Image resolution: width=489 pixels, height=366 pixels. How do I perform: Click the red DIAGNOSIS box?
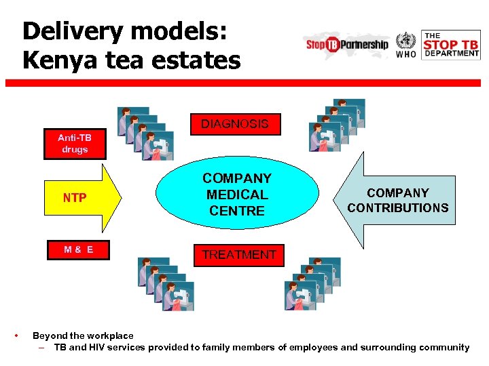point(234,124)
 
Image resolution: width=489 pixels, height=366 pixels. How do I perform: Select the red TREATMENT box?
point(239,255)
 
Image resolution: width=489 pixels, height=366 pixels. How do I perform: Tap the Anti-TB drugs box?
point(75,144)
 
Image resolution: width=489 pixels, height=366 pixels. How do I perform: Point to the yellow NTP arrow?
point(81,198)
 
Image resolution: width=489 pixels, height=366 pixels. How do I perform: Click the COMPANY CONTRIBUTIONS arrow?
point(397,201)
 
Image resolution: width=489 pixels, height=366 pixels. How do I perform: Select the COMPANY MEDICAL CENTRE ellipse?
point(237,195)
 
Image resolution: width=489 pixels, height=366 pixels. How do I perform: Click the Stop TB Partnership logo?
point(347,45)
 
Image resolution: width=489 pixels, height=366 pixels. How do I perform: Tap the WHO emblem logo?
point(406,44)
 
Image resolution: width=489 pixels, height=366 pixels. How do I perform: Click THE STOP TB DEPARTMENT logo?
point(451,45)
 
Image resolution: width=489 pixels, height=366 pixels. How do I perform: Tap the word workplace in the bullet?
point(111,335)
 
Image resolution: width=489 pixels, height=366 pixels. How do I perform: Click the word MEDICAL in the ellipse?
point(237,195)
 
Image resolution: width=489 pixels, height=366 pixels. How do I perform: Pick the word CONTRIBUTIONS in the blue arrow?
point(398,208)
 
